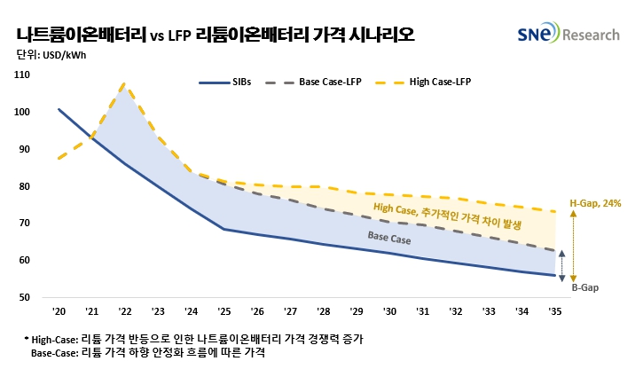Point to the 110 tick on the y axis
23,75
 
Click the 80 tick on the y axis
25,186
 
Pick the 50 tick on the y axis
25,297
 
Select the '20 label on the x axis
59,312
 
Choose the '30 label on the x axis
388,312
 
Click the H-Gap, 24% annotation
596,203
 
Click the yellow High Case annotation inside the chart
449,215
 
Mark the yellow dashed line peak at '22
124,84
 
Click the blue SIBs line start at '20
59,109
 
